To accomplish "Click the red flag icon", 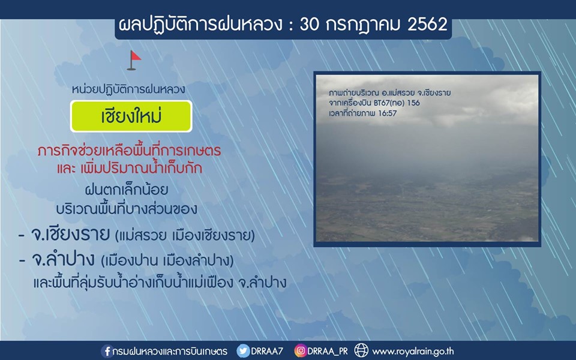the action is tap(134, 60).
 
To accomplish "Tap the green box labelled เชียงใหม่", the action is tap(131, 116).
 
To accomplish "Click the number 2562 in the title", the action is tap(427, 25).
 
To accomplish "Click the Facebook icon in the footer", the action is tap(107, 351).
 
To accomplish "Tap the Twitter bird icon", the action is tap(243, 351).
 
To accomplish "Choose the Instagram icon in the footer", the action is tap(301, 351).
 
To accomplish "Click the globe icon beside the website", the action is tap(361, 351).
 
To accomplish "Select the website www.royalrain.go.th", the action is tap(413, 352).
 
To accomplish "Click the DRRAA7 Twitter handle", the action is tap(266, 351).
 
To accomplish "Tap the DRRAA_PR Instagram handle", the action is tap(328, 351).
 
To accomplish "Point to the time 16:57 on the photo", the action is tap(388, 113).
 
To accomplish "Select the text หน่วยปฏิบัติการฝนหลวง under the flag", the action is tap(128, 89).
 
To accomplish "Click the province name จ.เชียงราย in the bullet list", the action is tap(70, 234).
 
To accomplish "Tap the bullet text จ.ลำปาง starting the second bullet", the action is tap(63, 259).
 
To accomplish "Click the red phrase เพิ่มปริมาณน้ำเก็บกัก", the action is tap(141, 168).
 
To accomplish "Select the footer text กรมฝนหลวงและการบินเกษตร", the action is tap(170, 352).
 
